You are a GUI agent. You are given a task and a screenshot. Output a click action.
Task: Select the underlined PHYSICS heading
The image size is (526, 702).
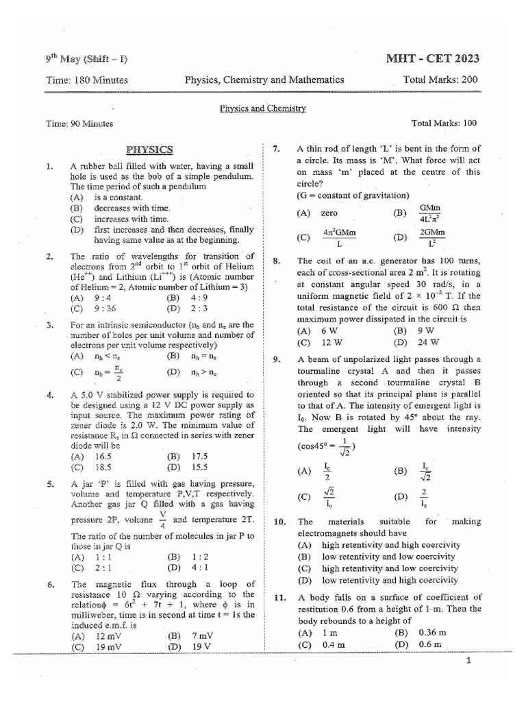(150, 149)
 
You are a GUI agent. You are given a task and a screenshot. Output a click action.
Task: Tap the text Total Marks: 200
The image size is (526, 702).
(441, 80)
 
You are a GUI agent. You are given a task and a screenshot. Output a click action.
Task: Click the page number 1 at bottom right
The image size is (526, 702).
(468, 661)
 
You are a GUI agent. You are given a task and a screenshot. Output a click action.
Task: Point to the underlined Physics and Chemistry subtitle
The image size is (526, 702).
(262, 108)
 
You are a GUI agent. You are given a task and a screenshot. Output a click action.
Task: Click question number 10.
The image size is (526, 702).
(279, 522)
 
